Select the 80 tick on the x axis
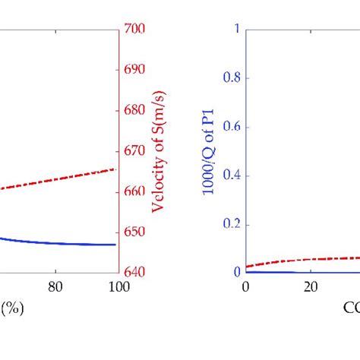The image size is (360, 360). point(55,287)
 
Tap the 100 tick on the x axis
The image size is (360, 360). point(118,287)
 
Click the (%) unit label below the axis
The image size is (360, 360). point(11,310)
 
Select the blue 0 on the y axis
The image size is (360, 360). point(236,272)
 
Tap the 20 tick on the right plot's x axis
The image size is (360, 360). point(309,287)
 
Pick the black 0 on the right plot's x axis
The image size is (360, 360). point(245,287)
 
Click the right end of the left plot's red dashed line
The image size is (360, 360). point(116,169)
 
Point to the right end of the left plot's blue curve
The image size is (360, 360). point(116,245)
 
